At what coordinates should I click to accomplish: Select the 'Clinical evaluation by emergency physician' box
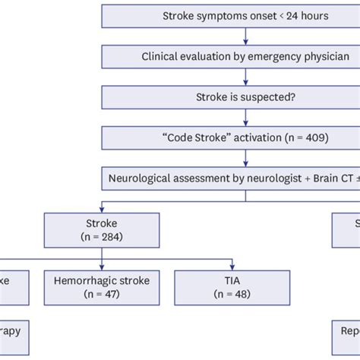[245, 57]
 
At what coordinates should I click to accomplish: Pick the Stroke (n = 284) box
[102, 230]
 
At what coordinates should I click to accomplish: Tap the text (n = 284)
[102, 238]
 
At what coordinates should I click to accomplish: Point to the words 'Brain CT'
[331, 179]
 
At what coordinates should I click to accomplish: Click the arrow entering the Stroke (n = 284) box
[102, 206]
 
